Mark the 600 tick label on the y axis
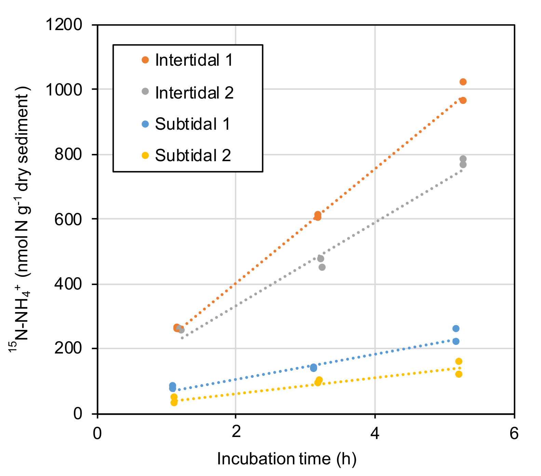68,219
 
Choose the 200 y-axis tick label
68,349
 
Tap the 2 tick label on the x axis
236,433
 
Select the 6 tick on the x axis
514,433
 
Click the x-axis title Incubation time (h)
287,459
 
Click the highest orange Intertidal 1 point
463,82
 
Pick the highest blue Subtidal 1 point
456,329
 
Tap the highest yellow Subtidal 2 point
459,361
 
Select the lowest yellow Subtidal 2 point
174,402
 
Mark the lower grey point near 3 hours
322,267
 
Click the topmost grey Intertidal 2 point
463,159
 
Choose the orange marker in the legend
145,60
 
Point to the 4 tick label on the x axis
375,433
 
